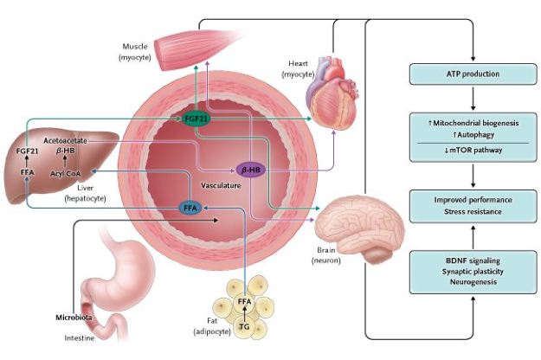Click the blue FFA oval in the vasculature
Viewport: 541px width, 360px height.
191,208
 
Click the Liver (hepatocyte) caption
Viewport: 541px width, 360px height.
82,192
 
